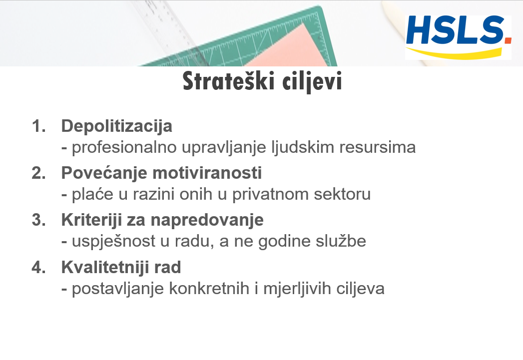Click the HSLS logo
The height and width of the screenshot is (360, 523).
pos(458,37)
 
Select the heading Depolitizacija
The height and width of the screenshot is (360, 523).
pos(117,126)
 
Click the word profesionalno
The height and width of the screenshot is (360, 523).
pos(124,148)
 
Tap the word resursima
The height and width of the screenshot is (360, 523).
pos(378,147)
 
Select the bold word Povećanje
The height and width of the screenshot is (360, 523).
pos(104,173)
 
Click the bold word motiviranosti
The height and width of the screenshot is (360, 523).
pos(207,173)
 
